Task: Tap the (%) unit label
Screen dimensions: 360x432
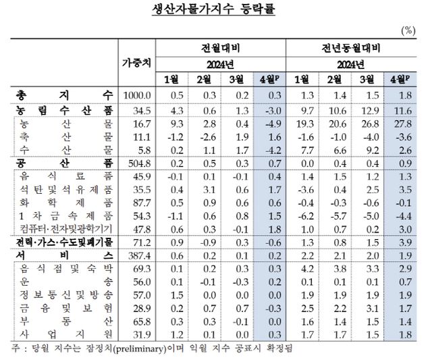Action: point(408,30)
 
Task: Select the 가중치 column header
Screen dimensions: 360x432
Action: point(136,62)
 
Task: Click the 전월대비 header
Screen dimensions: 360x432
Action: point(220,48)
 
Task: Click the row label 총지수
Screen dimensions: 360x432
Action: point(65,95)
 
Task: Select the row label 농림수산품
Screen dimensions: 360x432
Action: point(65,109)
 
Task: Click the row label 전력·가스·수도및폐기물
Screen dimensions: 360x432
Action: point(65,242)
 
